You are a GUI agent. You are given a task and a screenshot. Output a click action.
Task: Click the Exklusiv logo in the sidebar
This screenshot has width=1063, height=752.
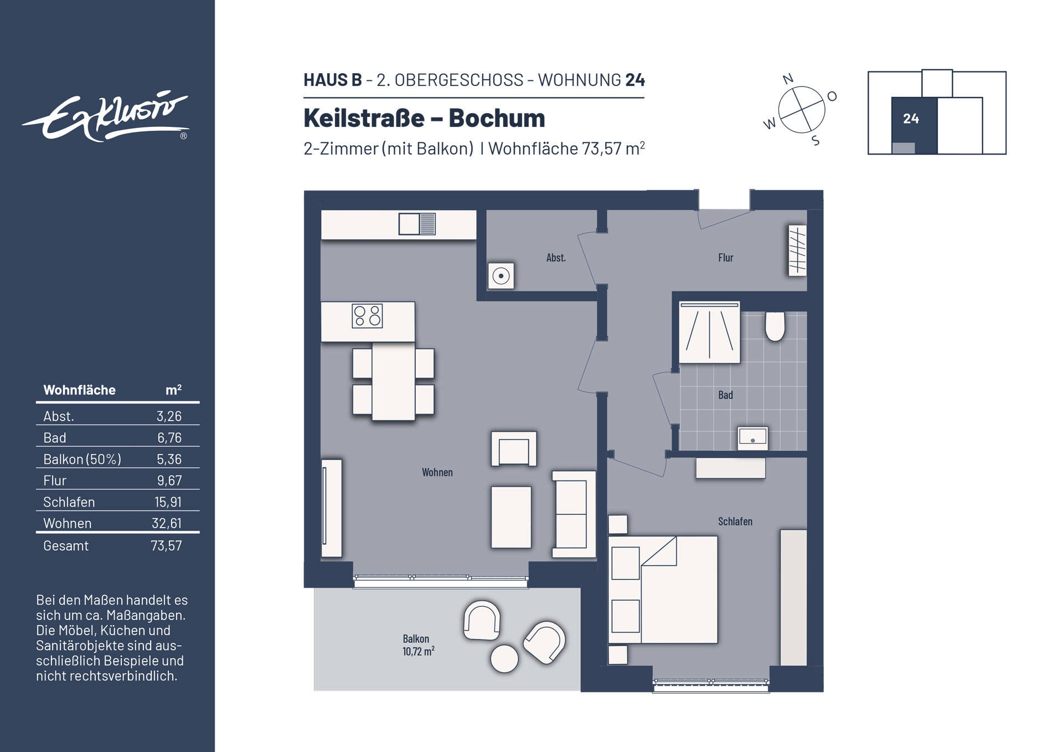[x=105, y=117]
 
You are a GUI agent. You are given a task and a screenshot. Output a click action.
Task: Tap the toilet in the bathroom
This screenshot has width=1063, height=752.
[x=775, y=326]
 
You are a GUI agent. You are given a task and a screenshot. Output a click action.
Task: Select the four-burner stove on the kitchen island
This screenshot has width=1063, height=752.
[x=367, y=316]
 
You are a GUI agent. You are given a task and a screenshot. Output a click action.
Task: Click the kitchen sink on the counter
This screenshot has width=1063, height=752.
[x=417, y=224]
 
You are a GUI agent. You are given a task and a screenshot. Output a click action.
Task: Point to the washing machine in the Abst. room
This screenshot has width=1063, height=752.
[x=500, y=276]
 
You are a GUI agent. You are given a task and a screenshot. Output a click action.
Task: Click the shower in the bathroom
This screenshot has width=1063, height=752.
[x=709, y=333]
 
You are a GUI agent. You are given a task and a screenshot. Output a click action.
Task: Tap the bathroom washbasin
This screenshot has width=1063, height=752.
[x=752, y=438]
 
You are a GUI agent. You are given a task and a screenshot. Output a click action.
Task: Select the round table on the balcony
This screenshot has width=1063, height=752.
[x=504, y=659]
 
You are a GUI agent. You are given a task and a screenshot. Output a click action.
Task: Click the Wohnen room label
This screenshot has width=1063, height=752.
[x=437, y=473]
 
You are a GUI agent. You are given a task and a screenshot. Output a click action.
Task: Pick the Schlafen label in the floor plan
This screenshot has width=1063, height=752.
[x=735, y=521]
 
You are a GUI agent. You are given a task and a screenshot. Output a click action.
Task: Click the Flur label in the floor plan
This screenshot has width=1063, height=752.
[x=725, y=258]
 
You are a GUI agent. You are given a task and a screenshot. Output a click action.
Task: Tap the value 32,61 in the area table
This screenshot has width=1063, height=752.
[x=167, y=523]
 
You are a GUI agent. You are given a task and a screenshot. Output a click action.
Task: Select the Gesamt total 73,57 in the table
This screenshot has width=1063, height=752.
[x=166, y=546]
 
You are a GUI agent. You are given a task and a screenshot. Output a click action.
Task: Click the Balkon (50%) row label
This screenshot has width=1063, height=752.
[x=82, y=459]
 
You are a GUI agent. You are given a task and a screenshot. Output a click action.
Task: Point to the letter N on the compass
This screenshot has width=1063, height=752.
[x=788, y=79]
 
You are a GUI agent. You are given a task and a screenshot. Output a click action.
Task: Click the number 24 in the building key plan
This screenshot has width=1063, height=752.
[x=911, y=119]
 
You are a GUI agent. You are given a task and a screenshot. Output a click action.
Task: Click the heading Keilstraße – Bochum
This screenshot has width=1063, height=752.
[x=424, y=118]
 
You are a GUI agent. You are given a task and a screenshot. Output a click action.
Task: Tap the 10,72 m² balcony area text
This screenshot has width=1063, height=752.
[x=418, y=652]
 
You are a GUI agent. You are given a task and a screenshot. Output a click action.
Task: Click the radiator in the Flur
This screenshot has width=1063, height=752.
[x=797, y=250]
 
